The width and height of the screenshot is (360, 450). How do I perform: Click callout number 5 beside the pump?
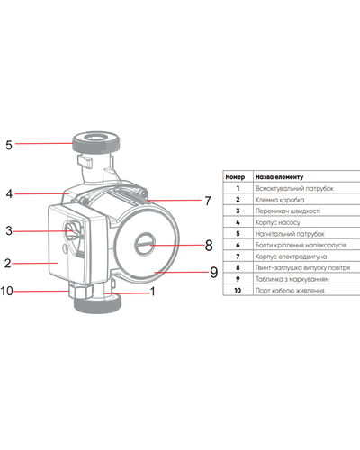coord(9,145)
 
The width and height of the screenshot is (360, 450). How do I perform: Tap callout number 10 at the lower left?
coord(6,291)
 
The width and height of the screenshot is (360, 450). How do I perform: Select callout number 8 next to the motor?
coord(209,246)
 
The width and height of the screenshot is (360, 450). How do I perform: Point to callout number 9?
coord(213,273)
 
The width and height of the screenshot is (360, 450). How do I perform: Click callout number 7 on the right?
coord(208,201)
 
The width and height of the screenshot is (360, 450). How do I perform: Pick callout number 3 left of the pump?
coord(9,231)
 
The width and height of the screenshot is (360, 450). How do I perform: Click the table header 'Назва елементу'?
coord(279,177)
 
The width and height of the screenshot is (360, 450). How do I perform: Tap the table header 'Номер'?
coord(235,177)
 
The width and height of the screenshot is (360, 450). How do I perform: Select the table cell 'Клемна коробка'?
coord(280,200)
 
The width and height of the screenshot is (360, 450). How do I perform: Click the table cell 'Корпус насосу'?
coord(277,222)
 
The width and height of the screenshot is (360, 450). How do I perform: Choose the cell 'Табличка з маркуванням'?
coord(292,279)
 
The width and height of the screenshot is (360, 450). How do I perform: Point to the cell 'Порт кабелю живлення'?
coord(290,291)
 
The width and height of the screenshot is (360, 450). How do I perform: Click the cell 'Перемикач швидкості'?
coord(288,211)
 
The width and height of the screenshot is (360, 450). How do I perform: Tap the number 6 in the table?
coord(238,245)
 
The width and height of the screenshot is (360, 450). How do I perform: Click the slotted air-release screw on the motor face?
coord(145,245)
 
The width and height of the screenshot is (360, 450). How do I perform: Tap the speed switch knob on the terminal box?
coord(72,230)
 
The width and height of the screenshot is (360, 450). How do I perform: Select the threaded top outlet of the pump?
coord(96,142)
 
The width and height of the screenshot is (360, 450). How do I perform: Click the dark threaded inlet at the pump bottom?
coord(97,304)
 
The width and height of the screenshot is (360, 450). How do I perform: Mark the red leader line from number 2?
coord(35,264)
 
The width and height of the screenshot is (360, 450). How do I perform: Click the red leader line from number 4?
coord(42,194)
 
